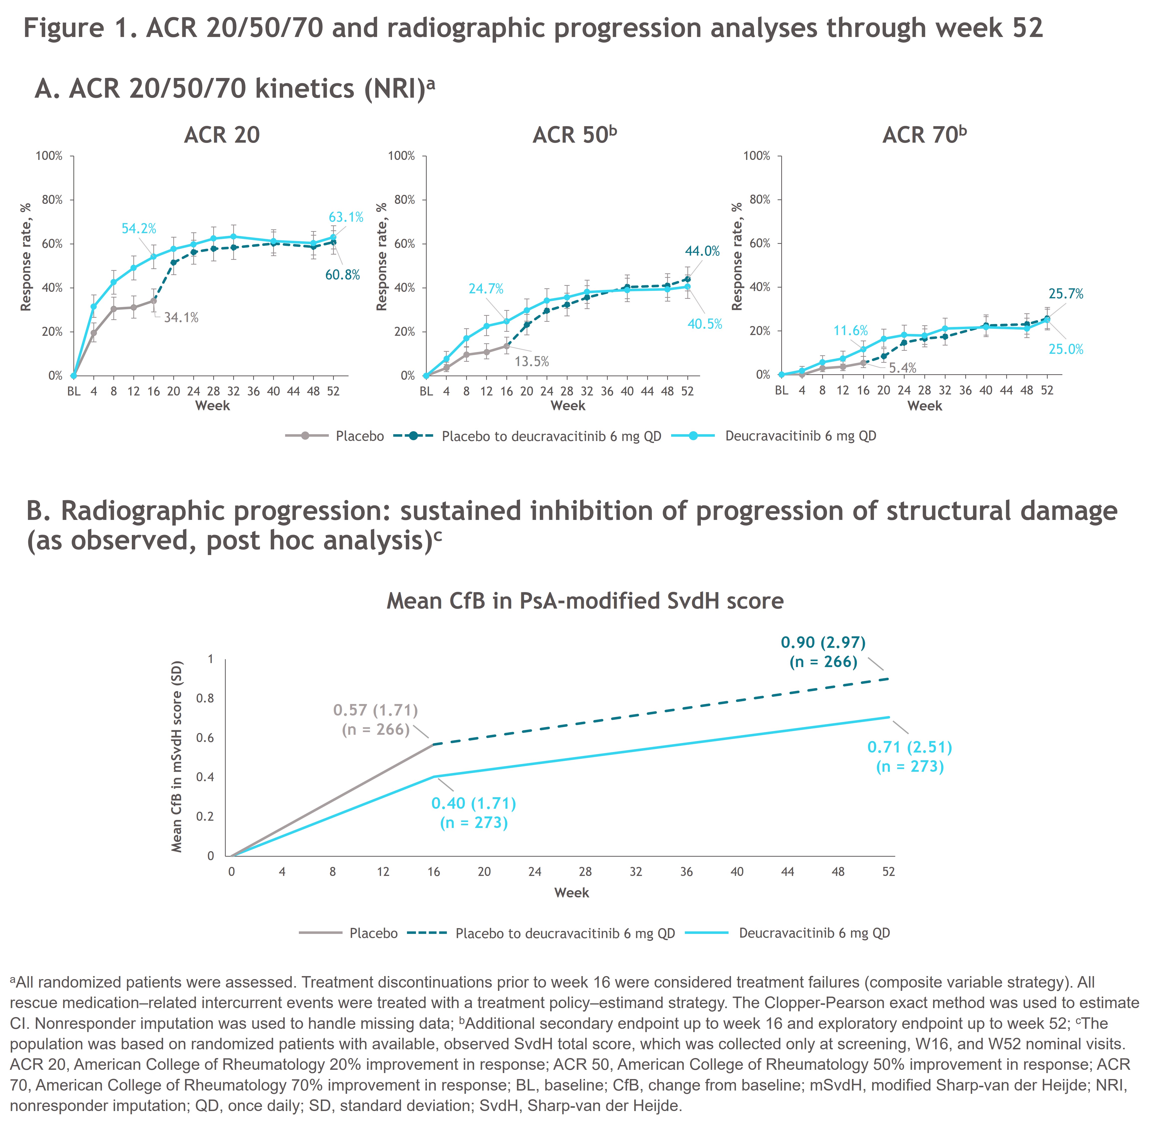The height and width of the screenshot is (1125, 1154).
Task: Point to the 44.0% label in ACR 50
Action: pyautogui.click(x=702, y=251)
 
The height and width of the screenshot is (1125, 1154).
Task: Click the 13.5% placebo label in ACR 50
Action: pyautogui.click(x=532, y=362)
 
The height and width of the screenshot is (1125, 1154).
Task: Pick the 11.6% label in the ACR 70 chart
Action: pyautogui.click(x=850, y=330)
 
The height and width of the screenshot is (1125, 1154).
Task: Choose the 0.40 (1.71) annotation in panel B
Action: pyautogui.click(x=474, y=803)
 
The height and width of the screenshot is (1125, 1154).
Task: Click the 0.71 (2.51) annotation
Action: pyautogui.click(x=910, y=748)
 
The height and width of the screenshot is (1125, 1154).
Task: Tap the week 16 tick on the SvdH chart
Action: pyautogui.click(x=433, y=871)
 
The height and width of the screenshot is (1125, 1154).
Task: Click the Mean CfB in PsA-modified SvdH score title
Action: pyautogui.click(x=585, y=601)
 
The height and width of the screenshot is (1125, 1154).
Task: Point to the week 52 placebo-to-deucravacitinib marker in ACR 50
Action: pyautogui.click(x=687, y=279)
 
